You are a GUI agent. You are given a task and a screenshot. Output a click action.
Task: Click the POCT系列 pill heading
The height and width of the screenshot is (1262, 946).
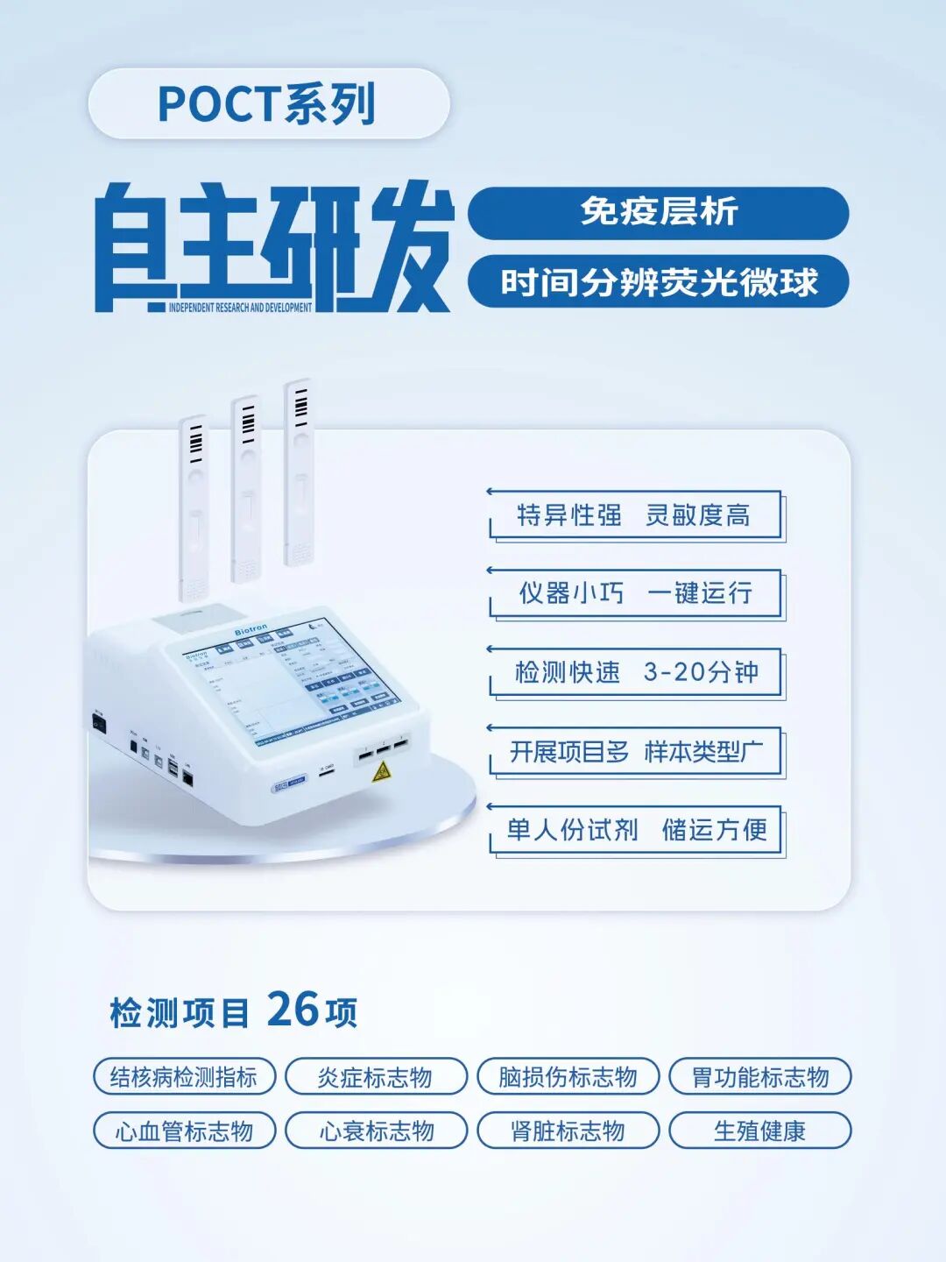pos(268,103)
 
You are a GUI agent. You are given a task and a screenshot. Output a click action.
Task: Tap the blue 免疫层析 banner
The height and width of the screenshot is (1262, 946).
pos(658,212)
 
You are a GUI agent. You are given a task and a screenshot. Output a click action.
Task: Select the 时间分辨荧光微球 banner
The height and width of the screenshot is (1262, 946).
pos(658,282)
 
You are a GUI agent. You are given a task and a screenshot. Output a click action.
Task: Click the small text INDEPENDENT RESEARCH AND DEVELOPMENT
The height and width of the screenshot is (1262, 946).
pos(240,308)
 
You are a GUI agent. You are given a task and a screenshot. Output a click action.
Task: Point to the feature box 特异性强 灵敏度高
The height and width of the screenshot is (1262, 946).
pos(634,515)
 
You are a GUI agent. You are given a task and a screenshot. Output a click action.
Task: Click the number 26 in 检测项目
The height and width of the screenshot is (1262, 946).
pos(293,1010)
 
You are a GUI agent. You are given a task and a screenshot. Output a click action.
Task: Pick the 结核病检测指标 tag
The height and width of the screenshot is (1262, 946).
pos(184,1077)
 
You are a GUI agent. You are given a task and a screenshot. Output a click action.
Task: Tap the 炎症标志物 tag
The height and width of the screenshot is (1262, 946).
pos(376,1077)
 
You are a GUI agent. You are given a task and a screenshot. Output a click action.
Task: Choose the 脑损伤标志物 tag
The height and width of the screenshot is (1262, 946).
pos(568,1077)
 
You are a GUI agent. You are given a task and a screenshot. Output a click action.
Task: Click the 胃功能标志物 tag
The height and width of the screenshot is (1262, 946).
pos(759,1077)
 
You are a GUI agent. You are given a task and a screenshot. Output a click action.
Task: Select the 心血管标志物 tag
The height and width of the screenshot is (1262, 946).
pos(184,1131)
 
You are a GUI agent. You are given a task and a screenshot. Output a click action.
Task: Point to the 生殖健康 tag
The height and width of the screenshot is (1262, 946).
pos(759,1131)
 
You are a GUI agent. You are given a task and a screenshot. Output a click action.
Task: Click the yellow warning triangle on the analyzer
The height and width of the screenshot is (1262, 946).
pos(381,771)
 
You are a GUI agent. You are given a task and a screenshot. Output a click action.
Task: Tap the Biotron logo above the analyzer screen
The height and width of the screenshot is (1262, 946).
pos(251,630)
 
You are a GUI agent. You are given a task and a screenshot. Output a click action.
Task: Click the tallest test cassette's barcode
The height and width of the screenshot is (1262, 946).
pos(300,404)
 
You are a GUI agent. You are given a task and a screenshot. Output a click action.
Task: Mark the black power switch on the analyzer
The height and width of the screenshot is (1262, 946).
pos(99,724)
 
